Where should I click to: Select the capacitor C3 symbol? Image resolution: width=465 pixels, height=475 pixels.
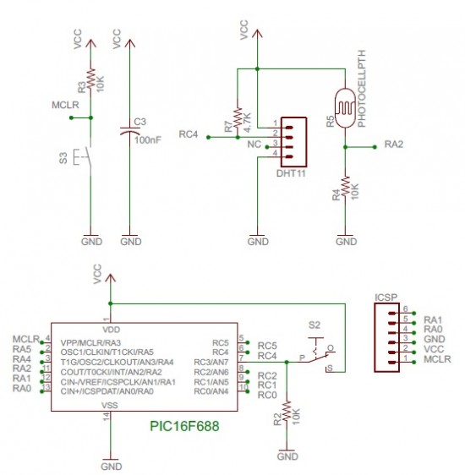tap(129, 132)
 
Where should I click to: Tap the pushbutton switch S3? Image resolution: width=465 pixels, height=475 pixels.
tap(85, 158)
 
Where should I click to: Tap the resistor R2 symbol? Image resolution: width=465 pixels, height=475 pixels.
tap(287, 413)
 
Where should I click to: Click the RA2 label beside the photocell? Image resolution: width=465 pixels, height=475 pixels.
tap(394, 145)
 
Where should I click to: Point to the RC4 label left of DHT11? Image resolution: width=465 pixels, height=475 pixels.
tap(191, 134)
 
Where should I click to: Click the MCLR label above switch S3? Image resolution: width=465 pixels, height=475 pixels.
tap(66, 106)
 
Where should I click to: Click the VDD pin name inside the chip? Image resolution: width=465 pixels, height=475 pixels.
tap(112, 329)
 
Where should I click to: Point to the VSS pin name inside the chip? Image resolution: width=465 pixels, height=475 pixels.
tap(112, 405)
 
